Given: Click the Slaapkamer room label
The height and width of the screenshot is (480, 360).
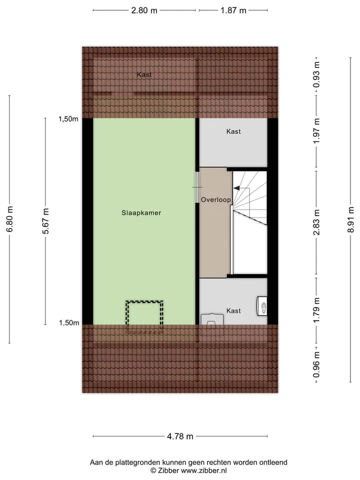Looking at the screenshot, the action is (141, 213).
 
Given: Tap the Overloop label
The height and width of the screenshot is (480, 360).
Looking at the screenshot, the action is (216, 200).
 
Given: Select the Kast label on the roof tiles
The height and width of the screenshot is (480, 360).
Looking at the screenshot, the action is (144, 74).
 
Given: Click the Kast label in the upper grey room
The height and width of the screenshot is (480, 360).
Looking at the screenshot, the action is (233, 131).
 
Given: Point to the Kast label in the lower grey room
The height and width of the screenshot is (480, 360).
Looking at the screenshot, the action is (233, 310).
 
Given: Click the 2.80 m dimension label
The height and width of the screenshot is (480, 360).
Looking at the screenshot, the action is (144, 10).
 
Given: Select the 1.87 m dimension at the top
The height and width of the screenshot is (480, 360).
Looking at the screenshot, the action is (233, 10).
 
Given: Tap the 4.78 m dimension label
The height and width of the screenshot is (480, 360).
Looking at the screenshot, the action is (180, 436).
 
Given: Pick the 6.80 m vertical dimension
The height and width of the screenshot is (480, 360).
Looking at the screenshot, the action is (9, 219).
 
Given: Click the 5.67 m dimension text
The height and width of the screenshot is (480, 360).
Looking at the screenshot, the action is (45, 221).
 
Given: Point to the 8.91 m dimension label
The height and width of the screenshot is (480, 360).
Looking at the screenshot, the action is (351, 219).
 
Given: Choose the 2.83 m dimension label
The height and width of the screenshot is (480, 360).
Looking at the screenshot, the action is (316, 222).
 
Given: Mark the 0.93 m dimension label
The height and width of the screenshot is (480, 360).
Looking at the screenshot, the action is (316, 74).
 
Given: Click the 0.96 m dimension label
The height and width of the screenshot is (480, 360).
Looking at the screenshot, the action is (316, 364).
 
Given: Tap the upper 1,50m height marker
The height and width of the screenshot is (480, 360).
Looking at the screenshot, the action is (68, 119).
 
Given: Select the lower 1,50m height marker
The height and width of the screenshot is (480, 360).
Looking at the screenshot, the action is (69, 322).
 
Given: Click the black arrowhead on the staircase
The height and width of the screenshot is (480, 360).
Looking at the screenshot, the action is (236, 188).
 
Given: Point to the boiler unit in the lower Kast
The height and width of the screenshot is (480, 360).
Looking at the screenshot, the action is (261, 306).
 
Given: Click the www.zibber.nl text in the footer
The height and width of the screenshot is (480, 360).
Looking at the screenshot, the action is (204, 470).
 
